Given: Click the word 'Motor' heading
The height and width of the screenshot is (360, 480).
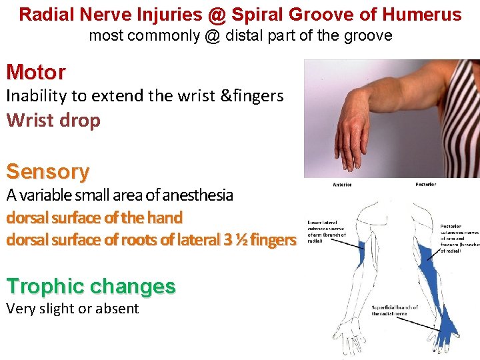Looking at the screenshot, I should click(x=36, y=72).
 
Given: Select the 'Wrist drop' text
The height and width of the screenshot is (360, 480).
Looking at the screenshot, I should click(x=53, y=121).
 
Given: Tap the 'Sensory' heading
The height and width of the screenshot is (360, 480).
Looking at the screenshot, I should click(x=47, y=172).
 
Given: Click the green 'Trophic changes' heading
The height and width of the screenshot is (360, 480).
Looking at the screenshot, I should click(x=91, y=287).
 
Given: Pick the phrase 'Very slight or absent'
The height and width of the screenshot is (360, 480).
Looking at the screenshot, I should click(x=72, y=309).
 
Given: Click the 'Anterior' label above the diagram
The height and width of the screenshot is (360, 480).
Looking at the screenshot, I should click(x=342, y=185).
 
